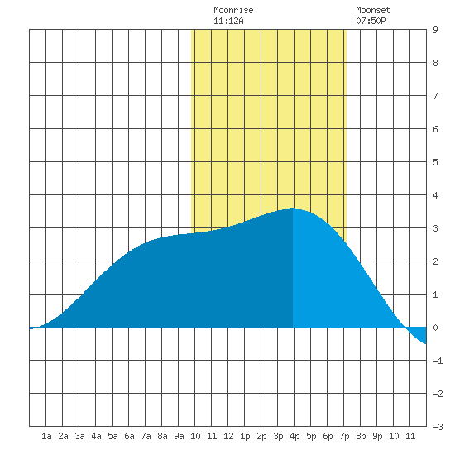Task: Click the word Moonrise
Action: (233, 10)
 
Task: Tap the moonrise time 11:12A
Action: (228, 21)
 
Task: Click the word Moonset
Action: (373, 10)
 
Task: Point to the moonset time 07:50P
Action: (371, 21)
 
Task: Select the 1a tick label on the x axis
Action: (46, 436)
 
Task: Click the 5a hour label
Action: (113, 436)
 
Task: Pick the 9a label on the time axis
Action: (179, 436)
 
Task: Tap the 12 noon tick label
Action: (228, 436)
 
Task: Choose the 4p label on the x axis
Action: (295, 436)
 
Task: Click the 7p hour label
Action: (344, 436)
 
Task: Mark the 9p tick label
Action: (377, 436)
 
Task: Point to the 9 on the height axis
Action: (435, 30)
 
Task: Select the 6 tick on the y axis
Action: (435, 129)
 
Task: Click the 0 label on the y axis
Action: (435, 328)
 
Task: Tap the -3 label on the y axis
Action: (438, 427)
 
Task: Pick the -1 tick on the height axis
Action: (438, 361)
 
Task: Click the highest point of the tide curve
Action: (293, 208)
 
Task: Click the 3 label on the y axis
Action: (435, 228)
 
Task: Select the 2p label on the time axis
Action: (261, 436)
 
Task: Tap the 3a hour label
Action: (79, 436)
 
